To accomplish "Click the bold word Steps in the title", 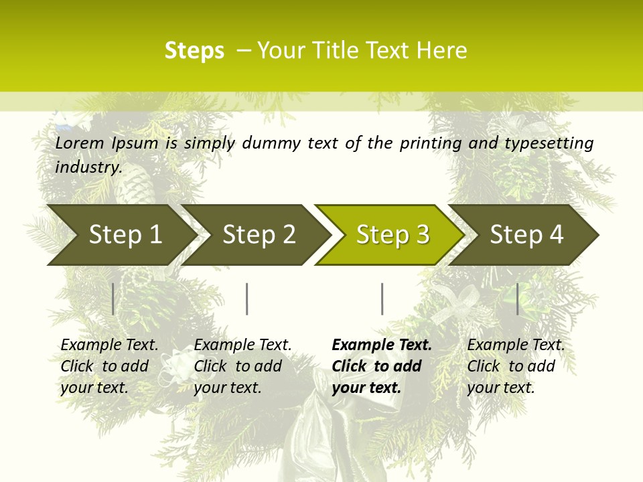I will click(194, 51).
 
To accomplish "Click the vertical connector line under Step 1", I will click(113, 299).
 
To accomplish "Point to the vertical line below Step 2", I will click(247, 299).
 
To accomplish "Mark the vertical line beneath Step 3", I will click(382, 299).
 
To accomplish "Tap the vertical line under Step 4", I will click(517, 299).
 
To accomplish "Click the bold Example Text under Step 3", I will click(382, 345).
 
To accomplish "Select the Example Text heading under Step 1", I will click(109, 345).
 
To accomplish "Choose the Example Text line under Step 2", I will click(242, 345).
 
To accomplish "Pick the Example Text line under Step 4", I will click(516, 345).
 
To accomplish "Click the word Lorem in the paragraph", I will click(80, 143).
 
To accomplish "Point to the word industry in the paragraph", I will click(88, 167).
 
